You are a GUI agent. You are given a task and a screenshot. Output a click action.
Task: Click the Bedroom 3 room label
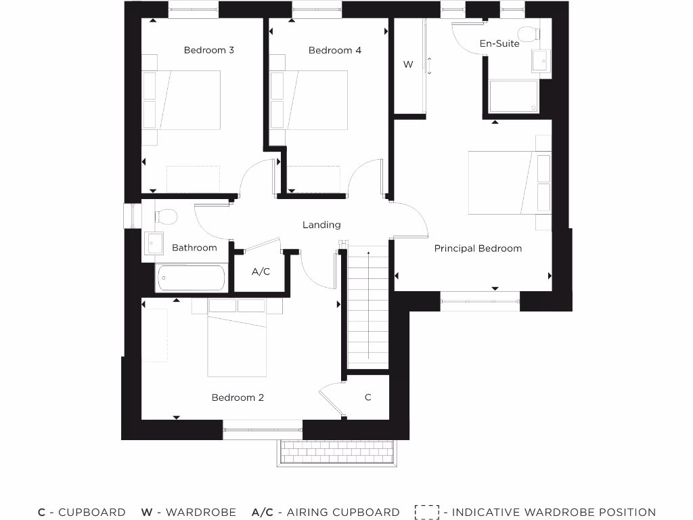pos(208,50)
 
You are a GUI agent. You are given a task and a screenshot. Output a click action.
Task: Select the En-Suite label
pos(499,43)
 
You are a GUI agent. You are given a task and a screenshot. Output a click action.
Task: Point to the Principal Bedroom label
pos(478,248)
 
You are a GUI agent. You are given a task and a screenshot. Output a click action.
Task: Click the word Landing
pos(321,225)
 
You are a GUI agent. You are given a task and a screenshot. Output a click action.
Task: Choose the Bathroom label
pos(194,248)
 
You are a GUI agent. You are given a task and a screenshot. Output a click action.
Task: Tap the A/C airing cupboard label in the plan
pos(261,272)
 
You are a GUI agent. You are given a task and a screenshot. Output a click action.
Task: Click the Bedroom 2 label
pos(238,397)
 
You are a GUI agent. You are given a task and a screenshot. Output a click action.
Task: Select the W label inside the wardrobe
pos(408,64)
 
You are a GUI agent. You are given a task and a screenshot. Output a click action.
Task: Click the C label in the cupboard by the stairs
pos(368,397)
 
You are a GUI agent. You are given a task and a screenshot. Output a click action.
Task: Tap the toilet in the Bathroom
pos(164,217)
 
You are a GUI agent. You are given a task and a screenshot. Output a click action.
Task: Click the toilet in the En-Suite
pos(526,34)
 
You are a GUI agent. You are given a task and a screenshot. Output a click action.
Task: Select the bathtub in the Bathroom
pos(190,278)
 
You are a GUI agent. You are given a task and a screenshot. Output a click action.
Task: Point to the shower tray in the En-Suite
pos(514,95)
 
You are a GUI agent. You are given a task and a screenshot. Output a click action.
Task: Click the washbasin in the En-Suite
pos(541,62)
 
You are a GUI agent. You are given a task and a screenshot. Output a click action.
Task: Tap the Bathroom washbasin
pos(153,242)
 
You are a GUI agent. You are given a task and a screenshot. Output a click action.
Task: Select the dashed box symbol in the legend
pos(427,513)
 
